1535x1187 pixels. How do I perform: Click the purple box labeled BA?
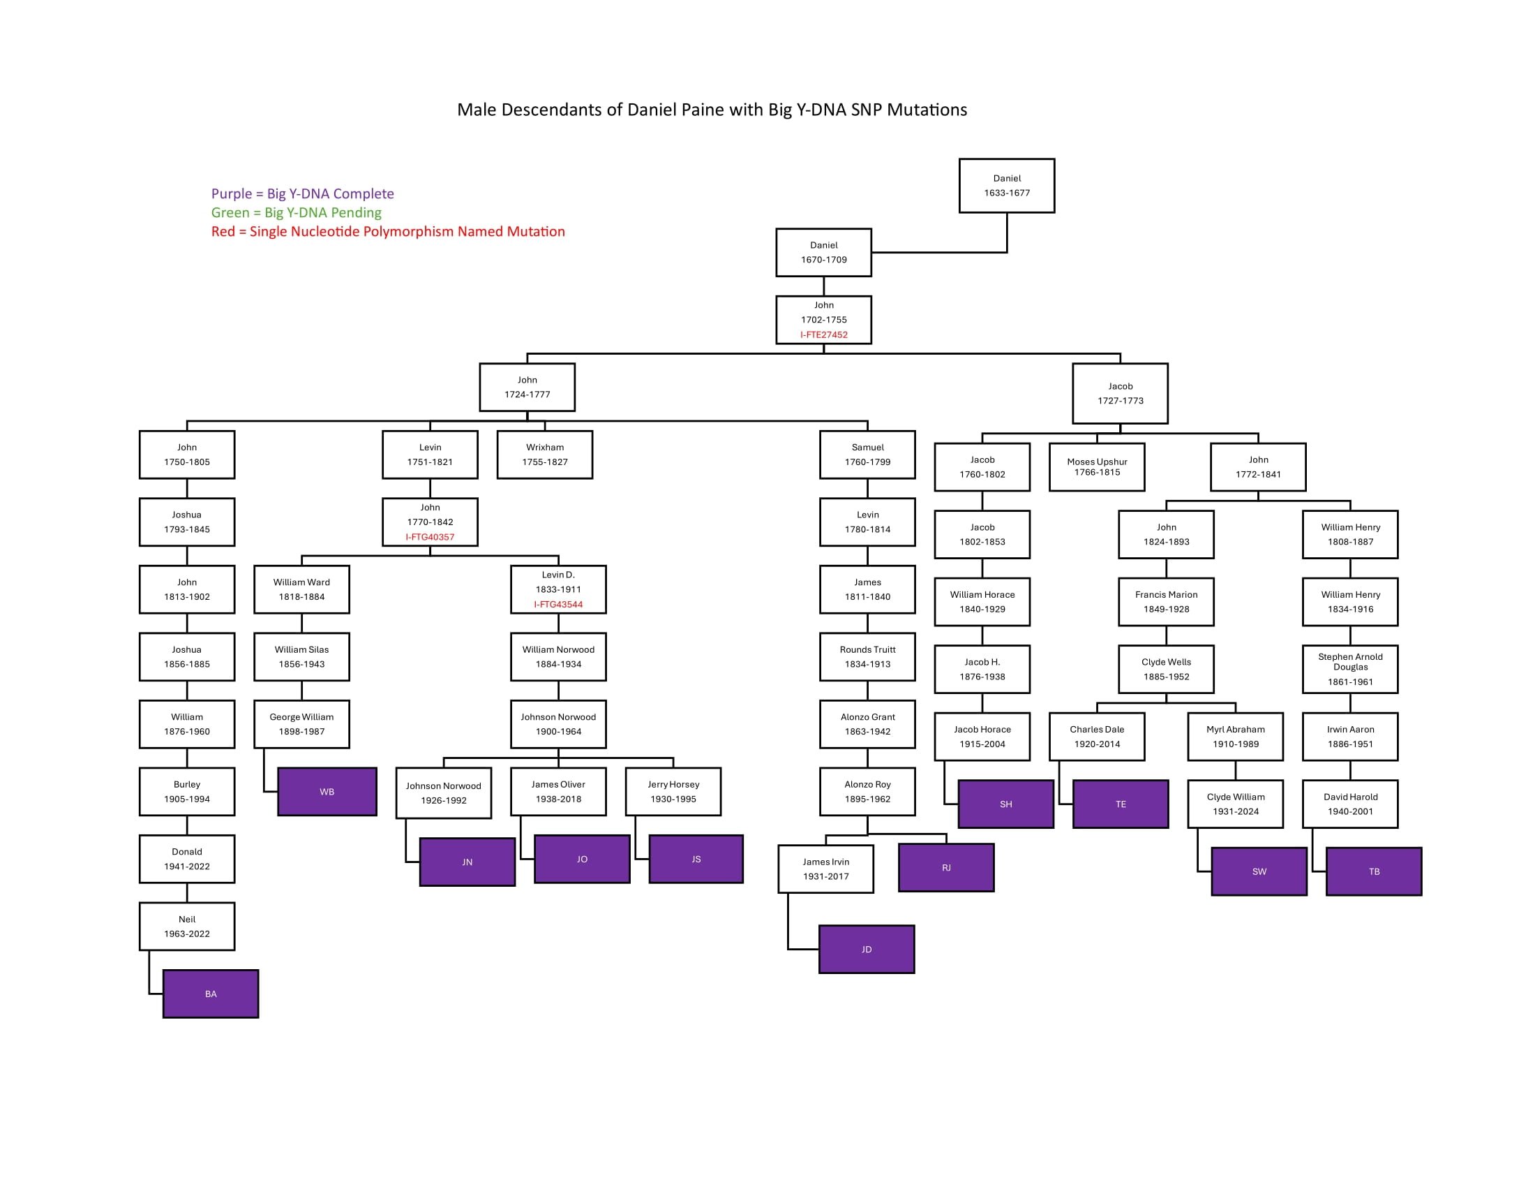pos(210,994)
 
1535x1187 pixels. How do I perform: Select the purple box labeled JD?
pos(867,950)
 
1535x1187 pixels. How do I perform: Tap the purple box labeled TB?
pos(1373,871)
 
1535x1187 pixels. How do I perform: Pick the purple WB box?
pos(327,792)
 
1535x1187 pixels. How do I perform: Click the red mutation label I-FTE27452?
pos(824,334)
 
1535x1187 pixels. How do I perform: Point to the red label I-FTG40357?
pos(429,537)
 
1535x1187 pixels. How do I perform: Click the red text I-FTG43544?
pos(558,605)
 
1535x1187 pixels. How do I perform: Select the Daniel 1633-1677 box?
pos(1006,186)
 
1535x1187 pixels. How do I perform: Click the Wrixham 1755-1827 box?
pos(545,455)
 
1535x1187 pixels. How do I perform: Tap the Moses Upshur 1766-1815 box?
pos(1096,467)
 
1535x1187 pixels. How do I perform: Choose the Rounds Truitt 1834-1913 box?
pos(867,657)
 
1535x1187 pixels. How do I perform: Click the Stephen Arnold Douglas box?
pos(1349,669)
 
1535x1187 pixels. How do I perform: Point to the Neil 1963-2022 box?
pos(187,926)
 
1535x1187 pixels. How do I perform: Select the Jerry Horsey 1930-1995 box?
pos(673,792)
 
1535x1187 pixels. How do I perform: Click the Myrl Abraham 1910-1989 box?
pos(1235,736)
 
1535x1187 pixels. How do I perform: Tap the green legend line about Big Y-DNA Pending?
pos(296,212)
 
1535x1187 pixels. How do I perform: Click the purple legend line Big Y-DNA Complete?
pos(302,193)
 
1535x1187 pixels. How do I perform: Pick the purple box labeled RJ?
pos(946,868)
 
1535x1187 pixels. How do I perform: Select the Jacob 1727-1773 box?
pos(1120,394)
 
